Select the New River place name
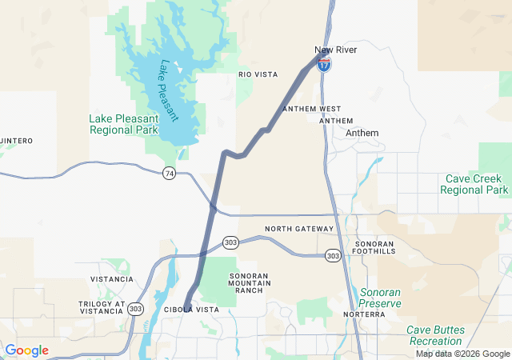pyautogui.click(x=335, y=50)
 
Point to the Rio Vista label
pyautogui.click(x=258, y=74)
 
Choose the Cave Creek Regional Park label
pyautogui.click(x=474, y=185)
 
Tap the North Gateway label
pyautogui.click(x=298, y=229)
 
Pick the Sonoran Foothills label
pyautogui.click(x=375, y=246)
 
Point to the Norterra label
pyautogui.click(x=364, y=315)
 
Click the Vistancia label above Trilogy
pyautogui.click(x=113, y=279)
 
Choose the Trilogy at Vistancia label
pyautogui.click(x=102, y=309)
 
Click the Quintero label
pyautogui.click(x=16, y=141)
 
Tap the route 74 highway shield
pyautogui.click(x=169, y=174)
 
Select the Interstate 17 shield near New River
pyautogui.click(x=323, y=66)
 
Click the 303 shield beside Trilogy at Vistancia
pyautogui.click(x=135, y=309)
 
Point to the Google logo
pyautogui.click(x=26, y=350)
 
